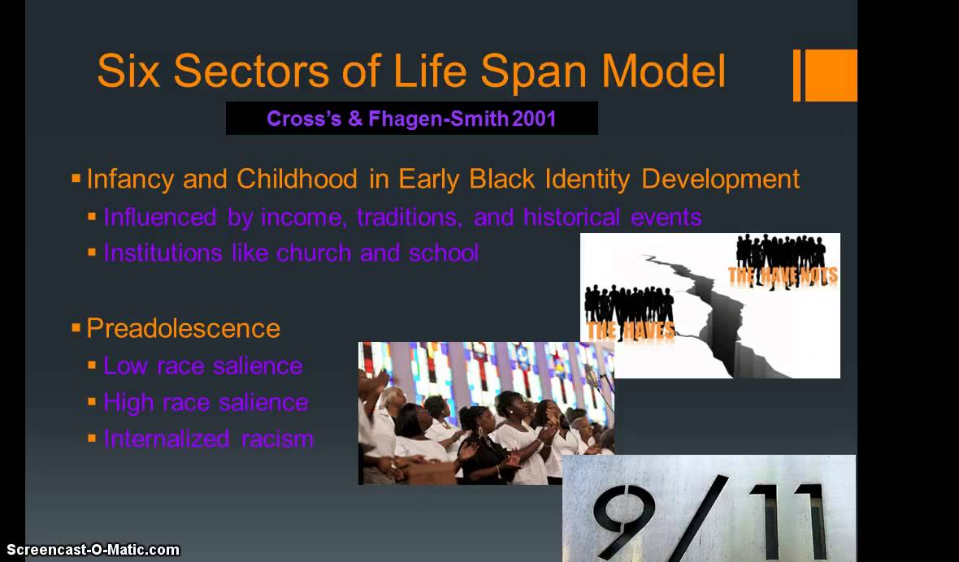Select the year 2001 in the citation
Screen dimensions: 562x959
point(535,119)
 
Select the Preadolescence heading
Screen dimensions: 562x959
point(183,328)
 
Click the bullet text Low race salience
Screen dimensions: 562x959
point(202,365)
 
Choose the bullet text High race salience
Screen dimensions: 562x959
point(206,402)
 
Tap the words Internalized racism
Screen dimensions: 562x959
point(208,439)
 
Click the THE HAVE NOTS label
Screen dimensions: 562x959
point(782,276)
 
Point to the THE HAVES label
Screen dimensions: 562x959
point(630,330)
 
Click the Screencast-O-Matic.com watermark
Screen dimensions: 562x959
point(90,550)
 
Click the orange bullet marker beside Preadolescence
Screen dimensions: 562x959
point(76,328)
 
